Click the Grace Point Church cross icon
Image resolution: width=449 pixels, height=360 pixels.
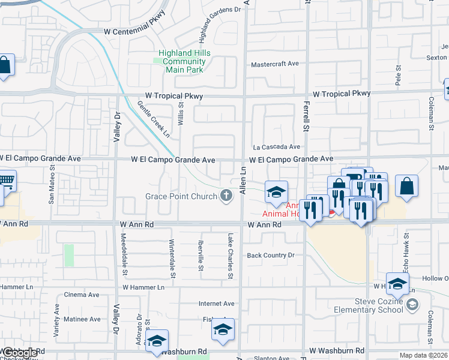click(226, 196)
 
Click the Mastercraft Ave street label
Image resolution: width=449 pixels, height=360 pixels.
click(274, 64)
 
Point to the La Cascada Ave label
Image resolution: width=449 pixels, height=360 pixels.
click(276, 146)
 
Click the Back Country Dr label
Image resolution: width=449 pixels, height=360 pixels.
click(271, 255)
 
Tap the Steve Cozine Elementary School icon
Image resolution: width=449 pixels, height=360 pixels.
click(412, 305)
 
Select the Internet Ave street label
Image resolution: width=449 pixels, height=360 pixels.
click(216, 304)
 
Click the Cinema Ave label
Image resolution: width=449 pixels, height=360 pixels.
click(82, 295)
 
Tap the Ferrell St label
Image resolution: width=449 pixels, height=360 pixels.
click(306, 117)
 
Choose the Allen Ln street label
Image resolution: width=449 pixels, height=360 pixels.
click(243, 180)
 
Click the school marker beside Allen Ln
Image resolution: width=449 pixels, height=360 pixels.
click(276, 192)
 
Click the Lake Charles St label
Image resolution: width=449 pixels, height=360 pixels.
click(229, 256)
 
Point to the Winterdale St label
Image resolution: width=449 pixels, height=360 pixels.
click(172, 259)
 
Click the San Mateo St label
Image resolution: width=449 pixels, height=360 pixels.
click(52, 190)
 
